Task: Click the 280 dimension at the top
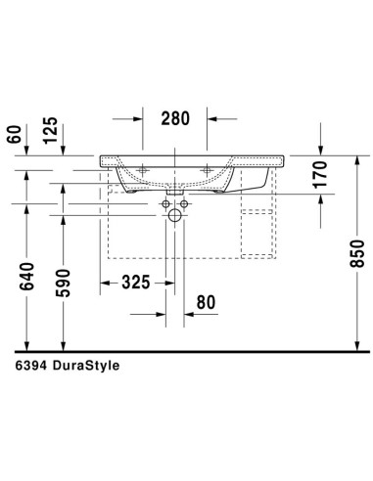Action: click(174, 118)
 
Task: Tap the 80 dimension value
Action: click(205, 303)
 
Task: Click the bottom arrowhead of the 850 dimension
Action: click(358, 343)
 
